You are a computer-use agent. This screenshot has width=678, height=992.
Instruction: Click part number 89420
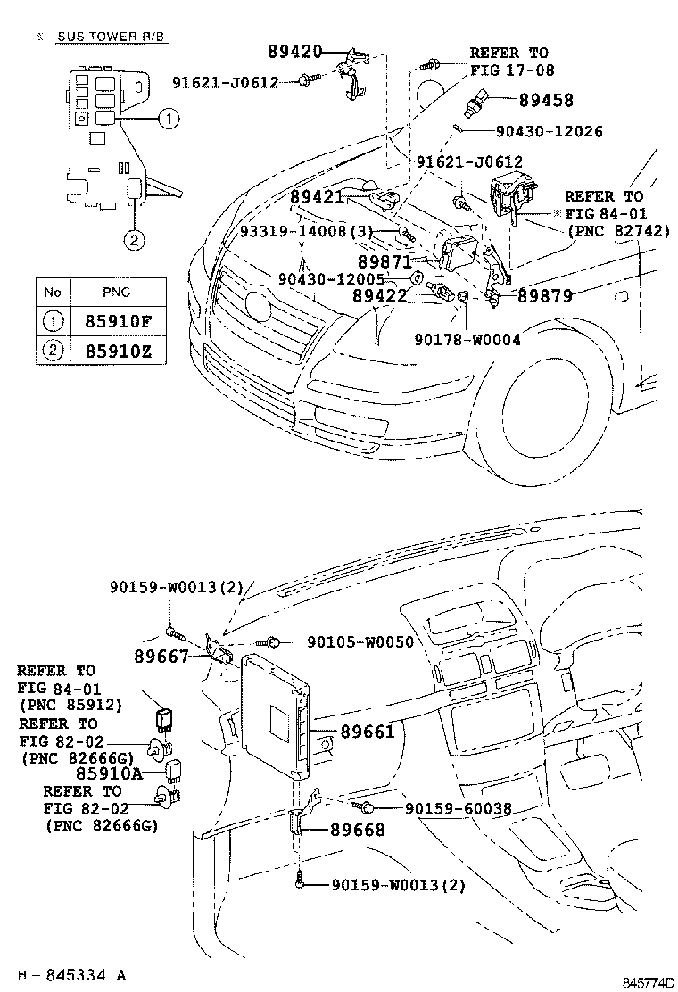[x=293, y=52]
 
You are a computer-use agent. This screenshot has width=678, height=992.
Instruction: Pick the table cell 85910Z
[x=119, y=351]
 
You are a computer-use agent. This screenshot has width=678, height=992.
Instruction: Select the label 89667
[x=161, y=657]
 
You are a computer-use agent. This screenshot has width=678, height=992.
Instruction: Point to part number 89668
[x=358, y=830]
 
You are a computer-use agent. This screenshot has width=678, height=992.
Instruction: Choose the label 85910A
[x=109, y=773]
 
